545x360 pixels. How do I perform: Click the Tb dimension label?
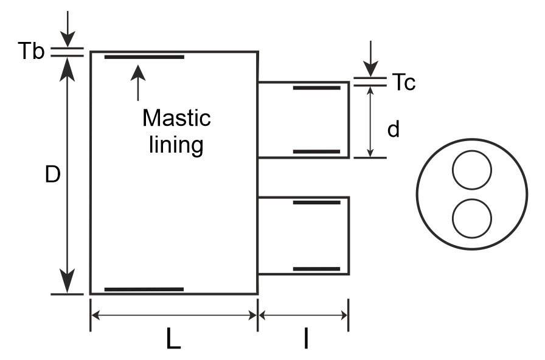(x=31, y=50)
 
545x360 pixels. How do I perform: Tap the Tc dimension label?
(x=403, y=82)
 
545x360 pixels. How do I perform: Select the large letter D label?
(x=53, y=174)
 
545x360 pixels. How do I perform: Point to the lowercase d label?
(x=394, y=129)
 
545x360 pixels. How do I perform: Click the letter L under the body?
(x=173, y=337)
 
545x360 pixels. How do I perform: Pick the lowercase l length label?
(x=306, y=337)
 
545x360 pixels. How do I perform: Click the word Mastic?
(x=176, y=118)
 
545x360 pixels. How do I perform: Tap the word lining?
(x=176, y=145)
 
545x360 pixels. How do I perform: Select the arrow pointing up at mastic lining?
(x=138, y=83)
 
